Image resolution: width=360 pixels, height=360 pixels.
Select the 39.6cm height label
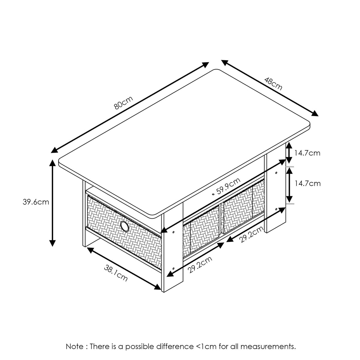click(36, 202)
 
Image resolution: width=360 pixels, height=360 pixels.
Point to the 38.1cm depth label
click(116, 273)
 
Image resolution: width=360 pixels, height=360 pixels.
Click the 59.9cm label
click(228, 186)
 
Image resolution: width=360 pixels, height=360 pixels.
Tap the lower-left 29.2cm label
click(200, 265)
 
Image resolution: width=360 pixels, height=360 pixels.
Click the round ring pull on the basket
click(124, 226)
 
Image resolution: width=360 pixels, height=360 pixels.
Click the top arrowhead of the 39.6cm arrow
click(52, 163)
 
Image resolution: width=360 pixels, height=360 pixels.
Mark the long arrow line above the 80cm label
click(130, 108)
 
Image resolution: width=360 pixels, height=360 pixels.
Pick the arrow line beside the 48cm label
click(270, 88)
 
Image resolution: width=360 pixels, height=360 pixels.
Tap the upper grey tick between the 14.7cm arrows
click(290, 166)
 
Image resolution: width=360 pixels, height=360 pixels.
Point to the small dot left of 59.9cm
click(213, 194)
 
